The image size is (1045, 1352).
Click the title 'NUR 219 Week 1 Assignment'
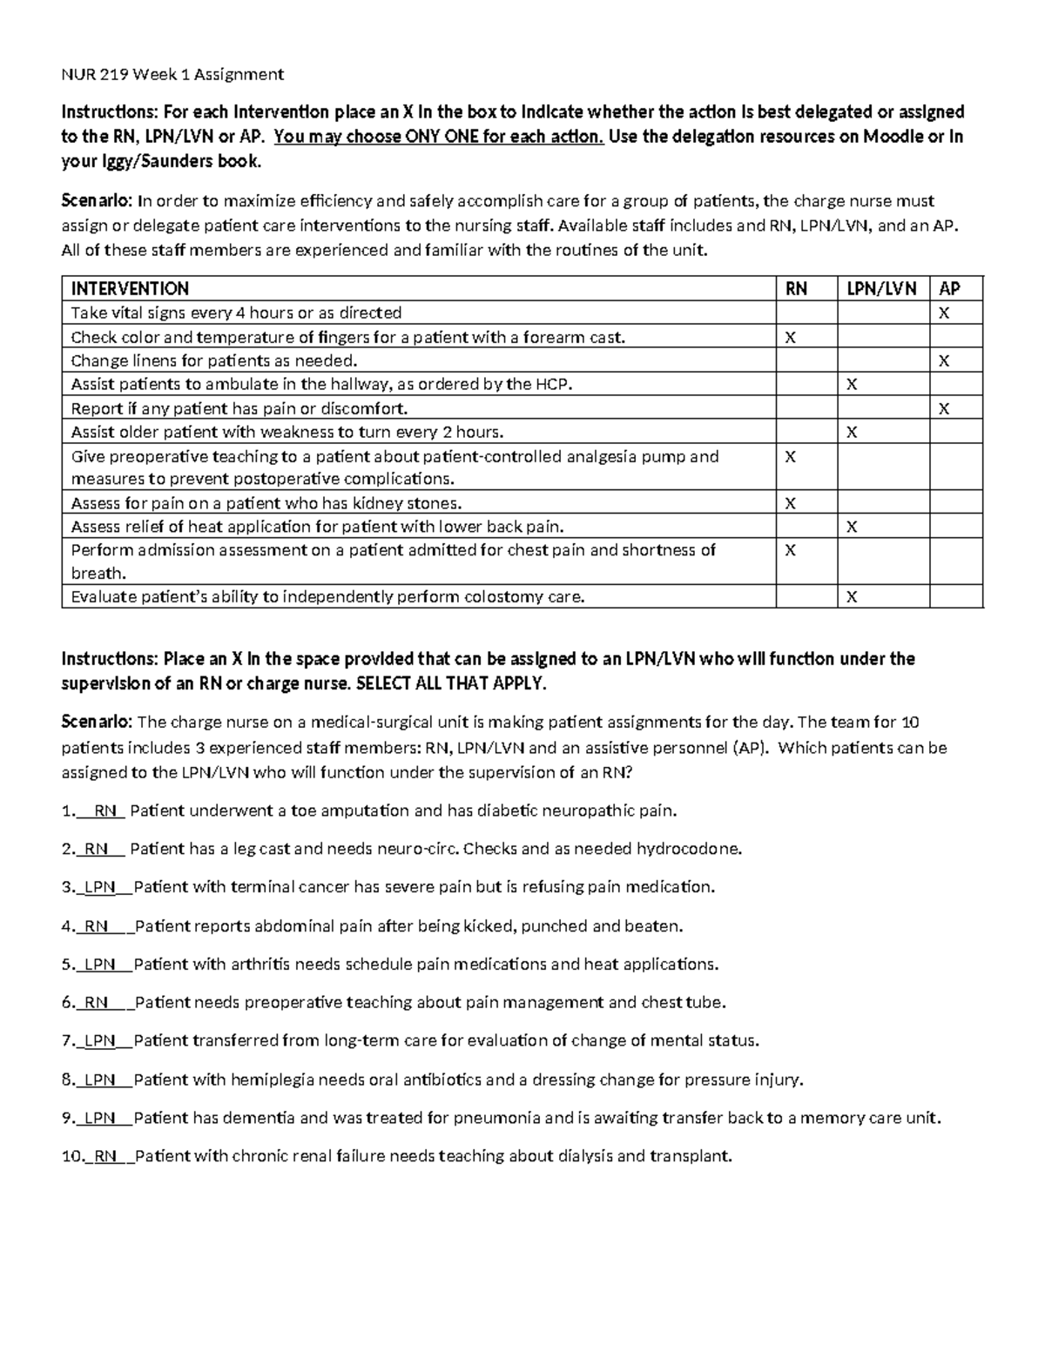pos(172,74)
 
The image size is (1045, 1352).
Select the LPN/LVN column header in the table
pos(882,289)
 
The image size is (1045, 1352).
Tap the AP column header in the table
pos(949,289)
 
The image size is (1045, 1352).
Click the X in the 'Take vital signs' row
pos(944,313)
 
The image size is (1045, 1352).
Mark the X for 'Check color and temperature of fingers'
pos(791,337)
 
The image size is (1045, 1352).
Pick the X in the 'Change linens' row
pos(944,361)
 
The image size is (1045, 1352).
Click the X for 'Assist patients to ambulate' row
pos(852,385)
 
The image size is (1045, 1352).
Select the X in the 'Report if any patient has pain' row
pos(944,409)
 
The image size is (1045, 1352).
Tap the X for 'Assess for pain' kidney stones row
pos(791,503)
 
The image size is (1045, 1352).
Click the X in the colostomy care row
pos(852,597)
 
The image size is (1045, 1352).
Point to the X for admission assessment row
pos(791,550)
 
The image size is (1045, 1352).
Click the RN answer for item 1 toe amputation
pos(105,811)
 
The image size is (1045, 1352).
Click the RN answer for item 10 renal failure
pos(105,1156)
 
